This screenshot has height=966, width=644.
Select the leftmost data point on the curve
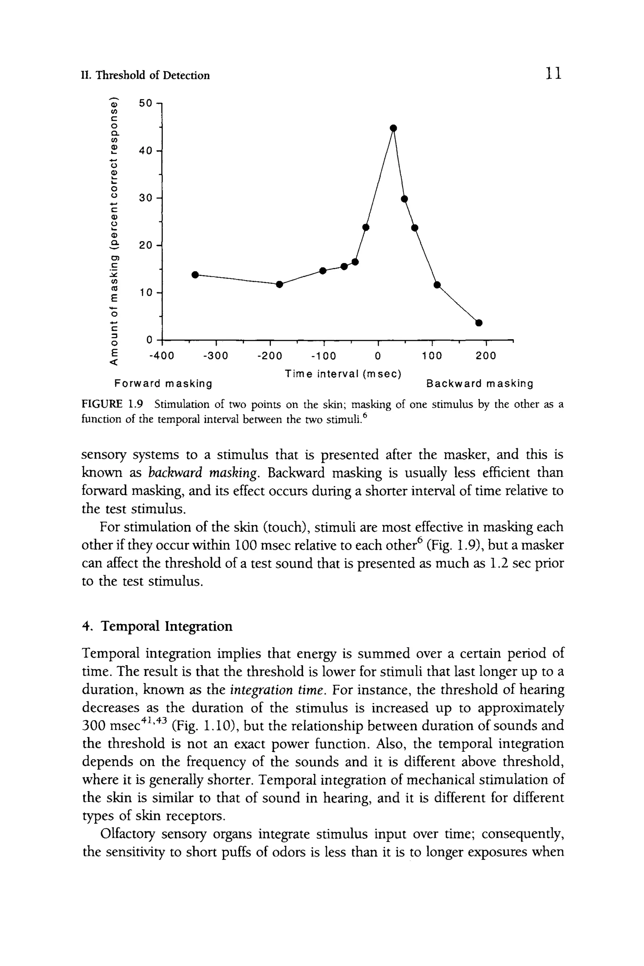click(x=195, y=274)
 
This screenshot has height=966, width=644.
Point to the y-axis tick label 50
click(x=145, y=103)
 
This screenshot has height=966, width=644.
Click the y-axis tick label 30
click(x=145, y=198)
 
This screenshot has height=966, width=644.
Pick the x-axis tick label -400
click(x=161, y=356)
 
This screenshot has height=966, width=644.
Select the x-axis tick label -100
click(x=323, y=356)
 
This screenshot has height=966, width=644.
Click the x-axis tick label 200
click(x=486, y=356)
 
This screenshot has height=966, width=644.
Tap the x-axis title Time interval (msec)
click(x=343, y=374)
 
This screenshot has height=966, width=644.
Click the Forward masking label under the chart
click(x=163, y=384)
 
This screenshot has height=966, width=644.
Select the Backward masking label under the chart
click(x=480, y=384)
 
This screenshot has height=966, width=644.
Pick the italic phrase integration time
click(x=278, y=690)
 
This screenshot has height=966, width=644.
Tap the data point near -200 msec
click(x=279, y=284)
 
